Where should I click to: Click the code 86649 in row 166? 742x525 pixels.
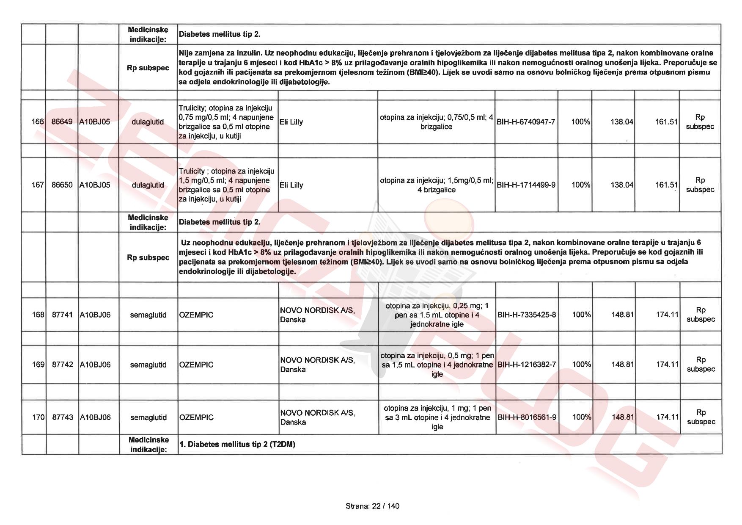(62, 122)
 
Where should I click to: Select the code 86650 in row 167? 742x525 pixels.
(62, 185)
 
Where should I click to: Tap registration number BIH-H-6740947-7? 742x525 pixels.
(526, 122)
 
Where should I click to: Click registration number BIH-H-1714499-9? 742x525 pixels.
(526, 185)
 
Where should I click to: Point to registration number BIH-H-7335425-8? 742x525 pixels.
(527, 315)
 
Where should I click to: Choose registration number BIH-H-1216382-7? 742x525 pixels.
(527, 365)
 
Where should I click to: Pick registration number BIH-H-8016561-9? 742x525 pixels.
(527, 417)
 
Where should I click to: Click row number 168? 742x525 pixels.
(38, 315)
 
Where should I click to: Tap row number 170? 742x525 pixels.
(38, 417)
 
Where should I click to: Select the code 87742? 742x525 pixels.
(62, 365)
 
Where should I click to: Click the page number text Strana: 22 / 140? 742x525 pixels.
(372, 506)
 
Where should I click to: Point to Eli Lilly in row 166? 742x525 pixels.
(291, 122)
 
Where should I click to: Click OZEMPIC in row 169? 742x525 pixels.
(196, 365)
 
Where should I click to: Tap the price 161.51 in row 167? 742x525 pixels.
(666, 185)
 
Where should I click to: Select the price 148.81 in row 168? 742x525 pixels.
(622, 315)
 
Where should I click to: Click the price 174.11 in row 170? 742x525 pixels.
(667, 417)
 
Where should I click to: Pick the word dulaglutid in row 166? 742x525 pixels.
(148, 122)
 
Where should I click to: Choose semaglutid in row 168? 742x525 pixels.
(148, 315)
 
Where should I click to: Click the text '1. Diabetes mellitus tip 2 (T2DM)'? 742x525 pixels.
(237, 445)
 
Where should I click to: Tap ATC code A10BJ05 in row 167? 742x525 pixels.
(95, 185)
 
